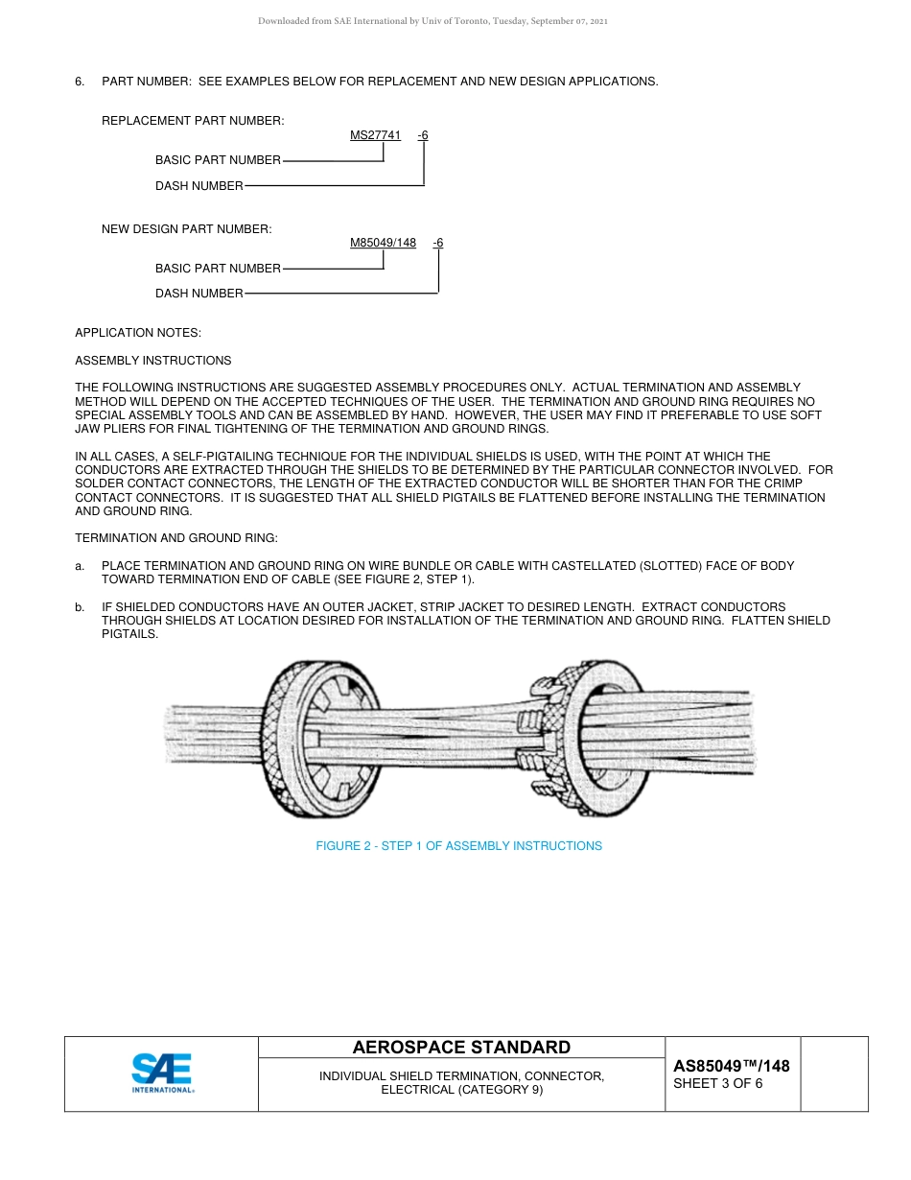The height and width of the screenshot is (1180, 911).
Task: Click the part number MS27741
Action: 375,135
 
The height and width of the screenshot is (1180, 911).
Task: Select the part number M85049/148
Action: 383,243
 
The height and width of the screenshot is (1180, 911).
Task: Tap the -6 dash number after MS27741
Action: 423,135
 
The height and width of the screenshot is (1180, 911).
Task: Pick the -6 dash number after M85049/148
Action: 438,243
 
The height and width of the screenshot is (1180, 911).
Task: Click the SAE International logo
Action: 162,1074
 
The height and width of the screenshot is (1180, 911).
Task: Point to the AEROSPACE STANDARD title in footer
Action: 461,1048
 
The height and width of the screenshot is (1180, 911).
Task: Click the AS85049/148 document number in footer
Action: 731,1066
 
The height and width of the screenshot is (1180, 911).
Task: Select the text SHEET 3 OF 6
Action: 718,1084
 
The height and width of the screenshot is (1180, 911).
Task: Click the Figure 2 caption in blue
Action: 458,846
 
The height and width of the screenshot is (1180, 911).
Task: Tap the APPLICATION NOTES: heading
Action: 138,333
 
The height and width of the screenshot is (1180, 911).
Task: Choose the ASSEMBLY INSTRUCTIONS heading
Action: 153,361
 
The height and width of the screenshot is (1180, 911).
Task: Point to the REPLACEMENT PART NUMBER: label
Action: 193,121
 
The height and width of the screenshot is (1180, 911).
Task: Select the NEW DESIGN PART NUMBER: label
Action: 187,229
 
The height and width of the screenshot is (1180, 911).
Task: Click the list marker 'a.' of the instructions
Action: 81,566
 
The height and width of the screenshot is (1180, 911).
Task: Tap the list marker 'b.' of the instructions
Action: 81,607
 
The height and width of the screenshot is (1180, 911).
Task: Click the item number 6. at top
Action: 81,82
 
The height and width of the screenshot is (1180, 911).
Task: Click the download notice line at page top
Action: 432,20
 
